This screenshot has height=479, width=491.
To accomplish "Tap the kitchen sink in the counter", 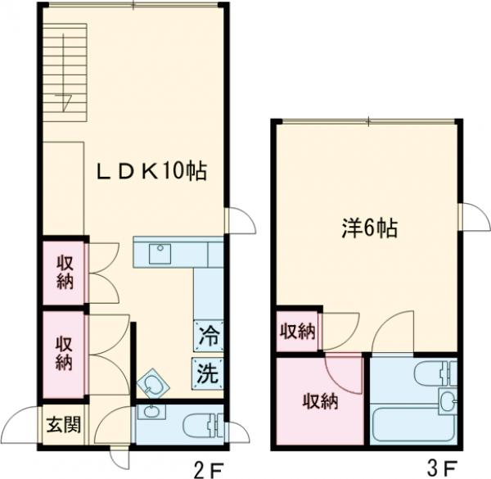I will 161,253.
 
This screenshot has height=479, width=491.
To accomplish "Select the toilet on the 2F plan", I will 200,425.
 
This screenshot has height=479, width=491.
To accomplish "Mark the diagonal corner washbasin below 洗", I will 151,383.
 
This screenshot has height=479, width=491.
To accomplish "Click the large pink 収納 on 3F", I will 319,401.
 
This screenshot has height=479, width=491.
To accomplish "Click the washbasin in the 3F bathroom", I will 447,402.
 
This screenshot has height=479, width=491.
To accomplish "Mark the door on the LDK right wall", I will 238,219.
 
